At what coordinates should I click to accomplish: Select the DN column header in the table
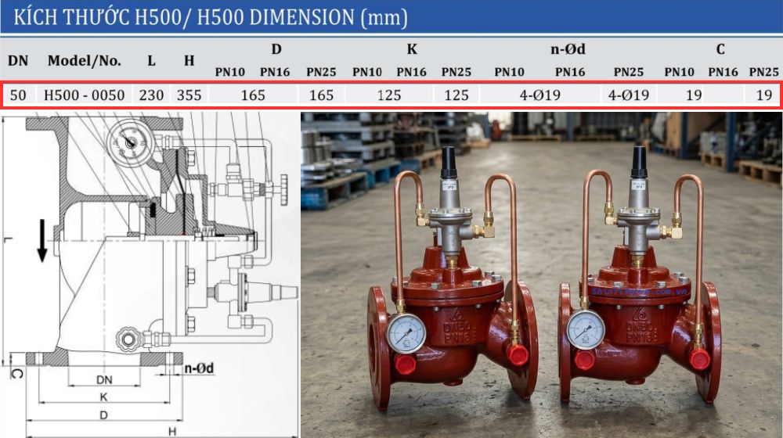[17, 60]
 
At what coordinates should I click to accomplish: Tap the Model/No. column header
[84, 60]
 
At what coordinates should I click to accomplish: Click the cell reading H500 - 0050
[84, 95]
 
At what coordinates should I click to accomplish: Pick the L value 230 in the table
[151, 95]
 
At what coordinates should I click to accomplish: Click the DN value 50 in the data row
[19, 95]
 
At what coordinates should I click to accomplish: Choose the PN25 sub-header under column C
[763, 72]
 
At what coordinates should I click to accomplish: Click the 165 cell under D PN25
[322, 95]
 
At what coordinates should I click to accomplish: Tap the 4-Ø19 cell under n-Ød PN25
[629, 95]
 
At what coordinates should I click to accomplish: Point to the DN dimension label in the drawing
[104, 379]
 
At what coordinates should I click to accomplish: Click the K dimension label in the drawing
[103, 397]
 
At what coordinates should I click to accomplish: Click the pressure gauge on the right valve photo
[586, 329]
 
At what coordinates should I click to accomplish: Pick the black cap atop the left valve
[449, 162]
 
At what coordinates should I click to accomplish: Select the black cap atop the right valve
[638, 162]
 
